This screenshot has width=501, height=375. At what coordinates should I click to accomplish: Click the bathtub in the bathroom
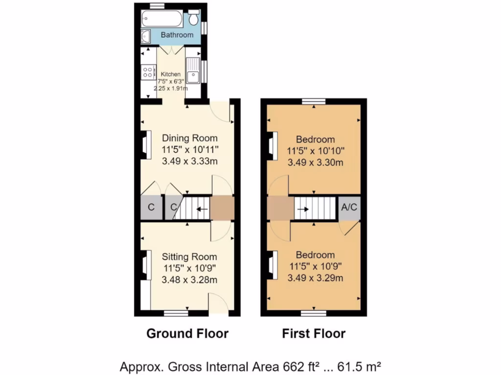tap(161, 20)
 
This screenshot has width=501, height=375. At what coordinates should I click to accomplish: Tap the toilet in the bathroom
tap(194, 19)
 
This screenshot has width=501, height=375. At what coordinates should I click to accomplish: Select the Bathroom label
tap(177, 35)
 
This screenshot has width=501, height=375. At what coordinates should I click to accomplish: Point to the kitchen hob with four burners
tap(147, 72)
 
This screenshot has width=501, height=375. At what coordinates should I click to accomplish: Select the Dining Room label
tap(189, 138)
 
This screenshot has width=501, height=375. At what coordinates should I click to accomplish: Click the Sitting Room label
tap(189, 257)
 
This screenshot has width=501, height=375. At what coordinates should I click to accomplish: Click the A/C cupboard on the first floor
tap(349, 208)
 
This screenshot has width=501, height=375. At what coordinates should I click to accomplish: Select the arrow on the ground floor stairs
tap(201, 208)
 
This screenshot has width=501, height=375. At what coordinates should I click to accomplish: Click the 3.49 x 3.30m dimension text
tap(314, 163)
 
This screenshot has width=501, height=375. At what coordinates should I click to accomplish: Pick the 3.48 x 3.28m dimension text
tap(189, 280)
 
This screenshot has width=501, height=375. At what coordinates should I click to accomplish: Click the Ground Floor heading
tap(187, 334)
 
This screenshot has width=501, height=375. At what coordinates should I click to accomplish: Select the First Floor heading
tap(314, 334)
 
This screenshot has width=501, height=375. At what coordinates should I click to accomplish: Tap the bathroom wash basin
tap(146, 36)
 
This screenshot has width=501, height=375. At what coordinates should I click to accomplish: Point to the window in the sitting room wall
tap(176, 312)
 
